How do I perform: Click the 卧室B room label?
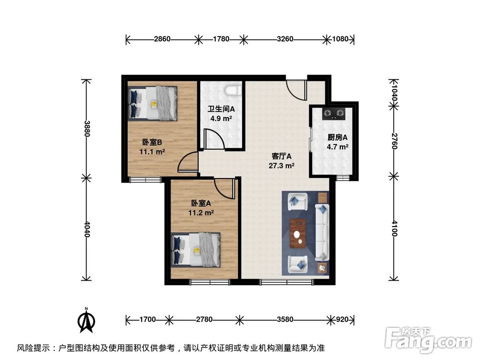pos(152,142)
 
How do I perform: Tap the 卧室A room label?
pos(201,203)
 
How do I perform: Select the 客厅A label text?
pos(282,156)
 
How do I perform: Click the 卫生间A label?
pos(221,109)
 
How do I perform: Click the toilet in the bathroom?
pos(233,90)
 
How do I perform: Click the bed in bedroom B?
pos(153,103)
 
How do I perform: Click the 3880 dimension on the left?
pos(86,128)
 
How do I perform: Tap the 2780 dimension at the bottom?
pos(204,319)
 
